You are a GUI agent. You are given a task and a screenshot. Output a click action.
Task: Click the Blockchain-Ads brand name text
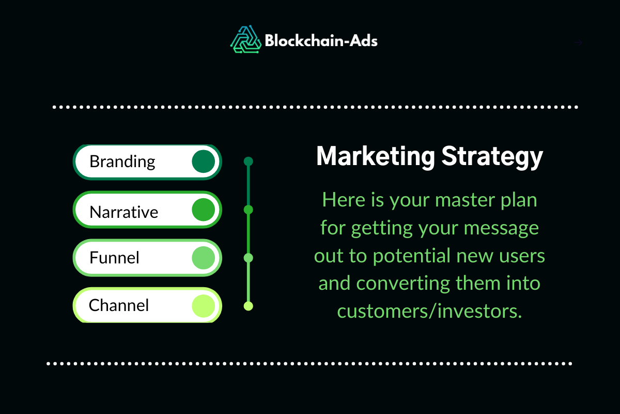pyautogui.click(x=321, y=40)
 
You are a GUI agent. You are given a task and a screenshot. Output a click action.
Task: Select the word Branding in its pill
pyautogui.click(x=122, y=161)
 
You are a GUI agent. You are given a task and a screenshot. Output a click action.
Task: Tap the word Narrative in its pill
pyautogui.click(x=124, y=212)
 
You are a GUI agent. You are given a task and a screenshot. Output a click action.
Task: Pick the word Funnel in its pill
pyautogui.click(x=114, y=258)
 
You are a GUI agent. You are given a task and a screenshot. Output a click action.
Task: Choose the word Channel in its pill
pyautogui.click(x=119, y=305)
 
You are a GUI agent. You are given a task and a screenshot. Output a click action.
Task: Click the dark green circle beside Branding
pyautogui.click(x=203, y=161)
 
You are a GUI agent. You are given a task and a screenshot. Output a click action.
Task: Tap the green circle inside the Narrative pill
pyautogui.click(x=203, y=210)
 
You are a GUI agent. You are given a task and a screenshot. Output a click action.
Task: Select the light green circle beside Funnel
pyautogui.click(x=203, y=258)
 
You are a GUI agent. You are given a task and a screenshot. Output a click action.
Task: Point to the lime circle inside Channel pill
pyautogui.click(x=203, y=305)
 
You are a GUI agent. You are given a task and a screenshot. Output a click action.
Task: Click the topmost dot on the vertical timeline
pyautogui.click(x=248, y=161)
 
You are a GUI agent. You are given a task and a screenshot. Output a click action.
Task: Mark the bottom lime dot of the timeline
pyautogui.click(x=248, y=306)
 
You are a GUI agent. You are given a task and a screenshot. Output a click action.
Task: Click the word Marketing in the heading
pyautogui.click(x=375, y=156)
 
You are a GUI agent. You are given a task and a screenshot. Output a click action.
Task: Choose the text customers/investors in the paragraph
pyautogui.click(x=429, y=312)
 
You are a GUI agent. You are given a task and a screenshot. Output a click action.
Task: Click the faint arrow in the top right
pyautogui.click(x=579, y=42)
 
